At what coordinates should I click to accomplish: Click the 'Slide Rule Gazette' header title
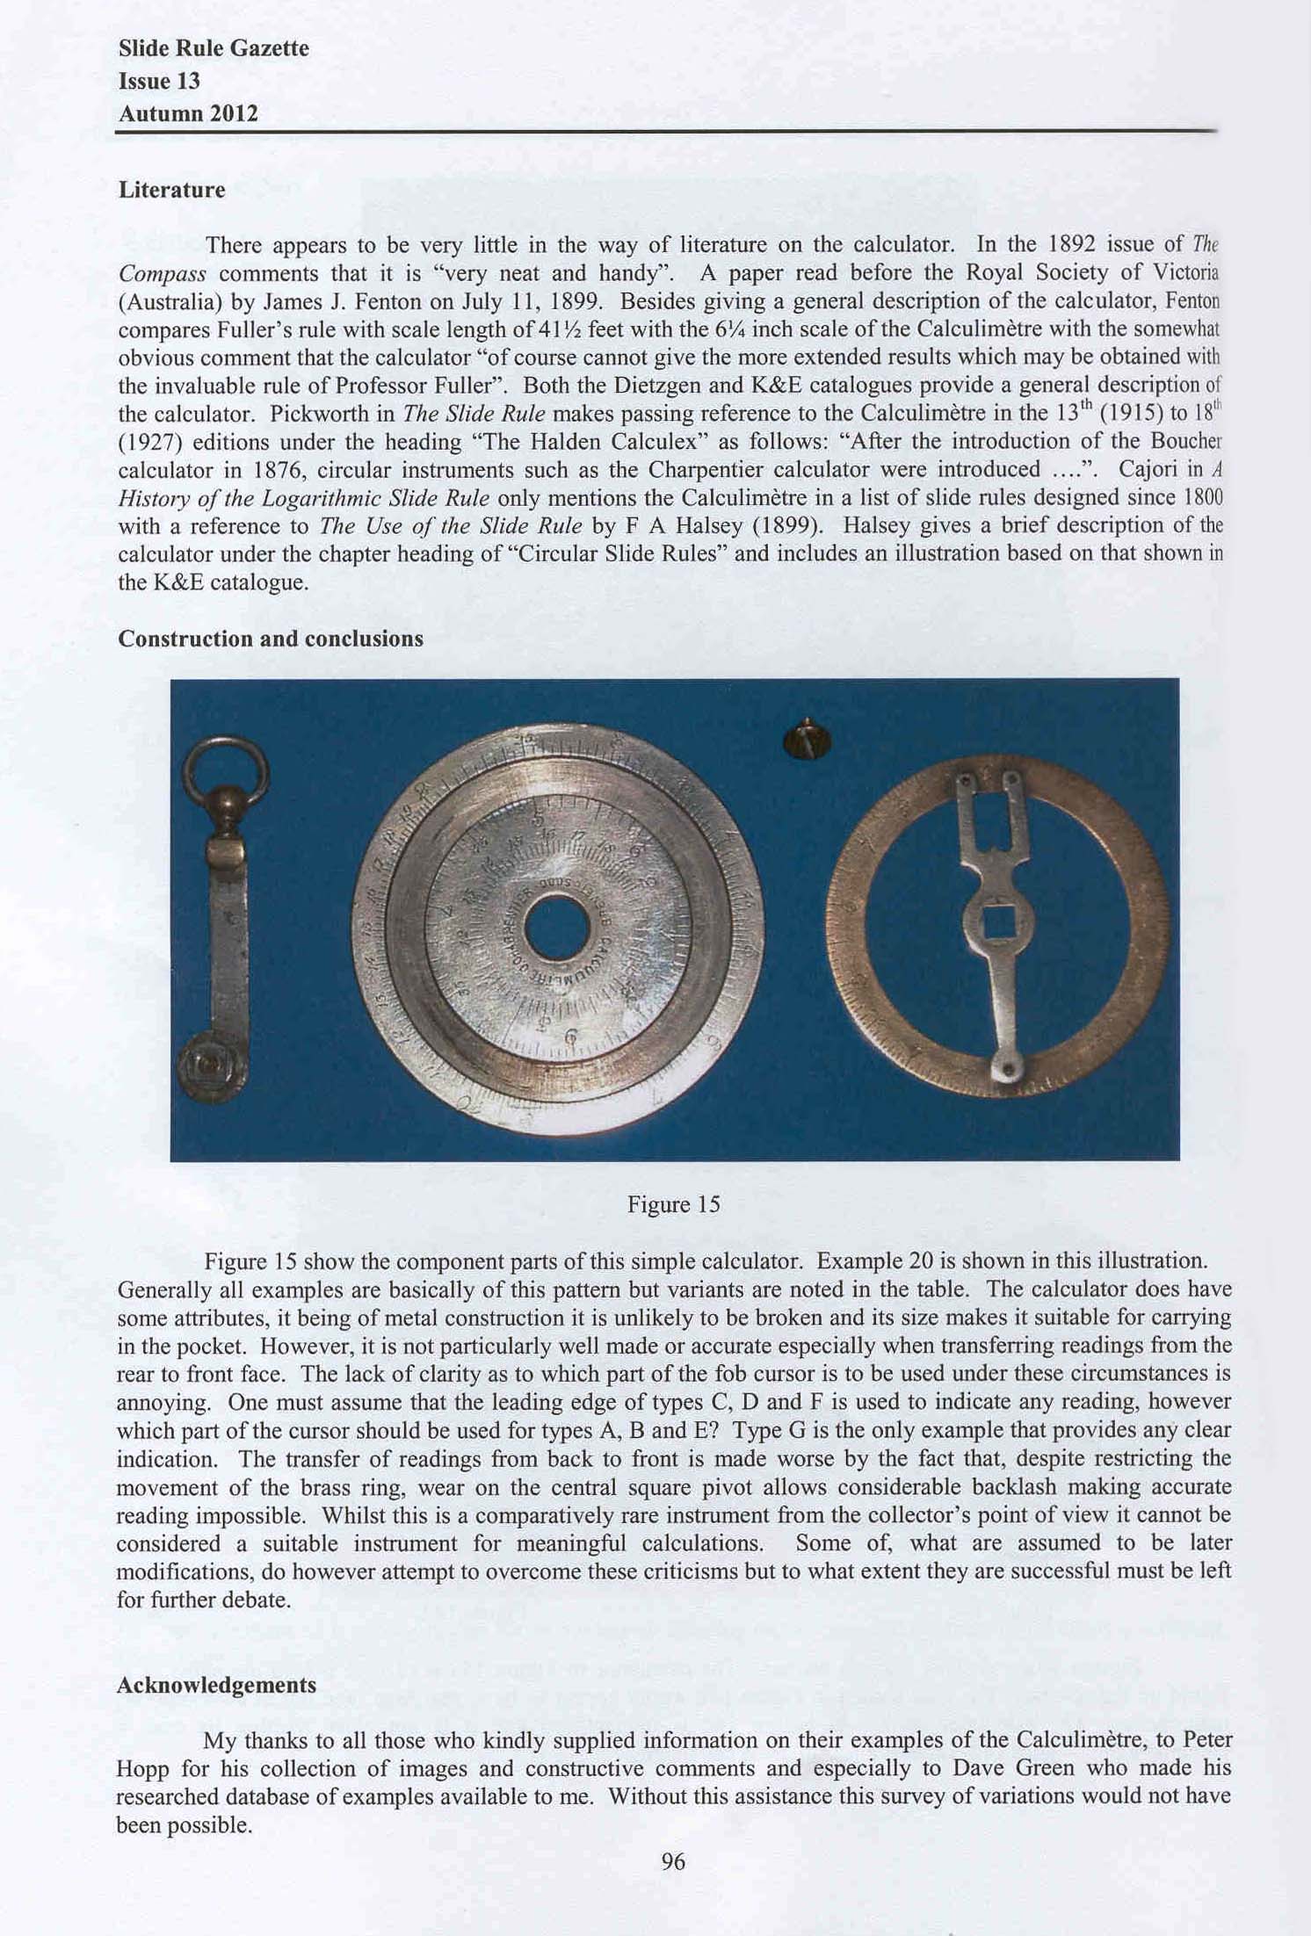point(214,48)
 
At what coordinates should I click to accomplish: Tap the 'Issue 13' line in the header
point(159,81)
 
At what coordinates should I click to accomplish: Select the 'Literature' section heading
point(171,190)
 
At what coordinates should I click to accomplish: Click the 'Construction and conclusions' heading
point(271,639)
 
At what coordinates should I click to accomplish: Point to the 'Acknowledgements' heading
point(216,1685)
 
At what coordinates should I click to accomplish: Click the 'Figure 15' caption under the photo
point(673,1204)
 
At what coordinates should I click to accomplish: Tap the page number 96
point(672,1861)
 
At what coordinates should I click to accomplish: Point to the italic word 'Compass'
point(162,273)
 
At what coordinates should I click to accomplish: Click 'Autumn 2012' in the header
point(188,113)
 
